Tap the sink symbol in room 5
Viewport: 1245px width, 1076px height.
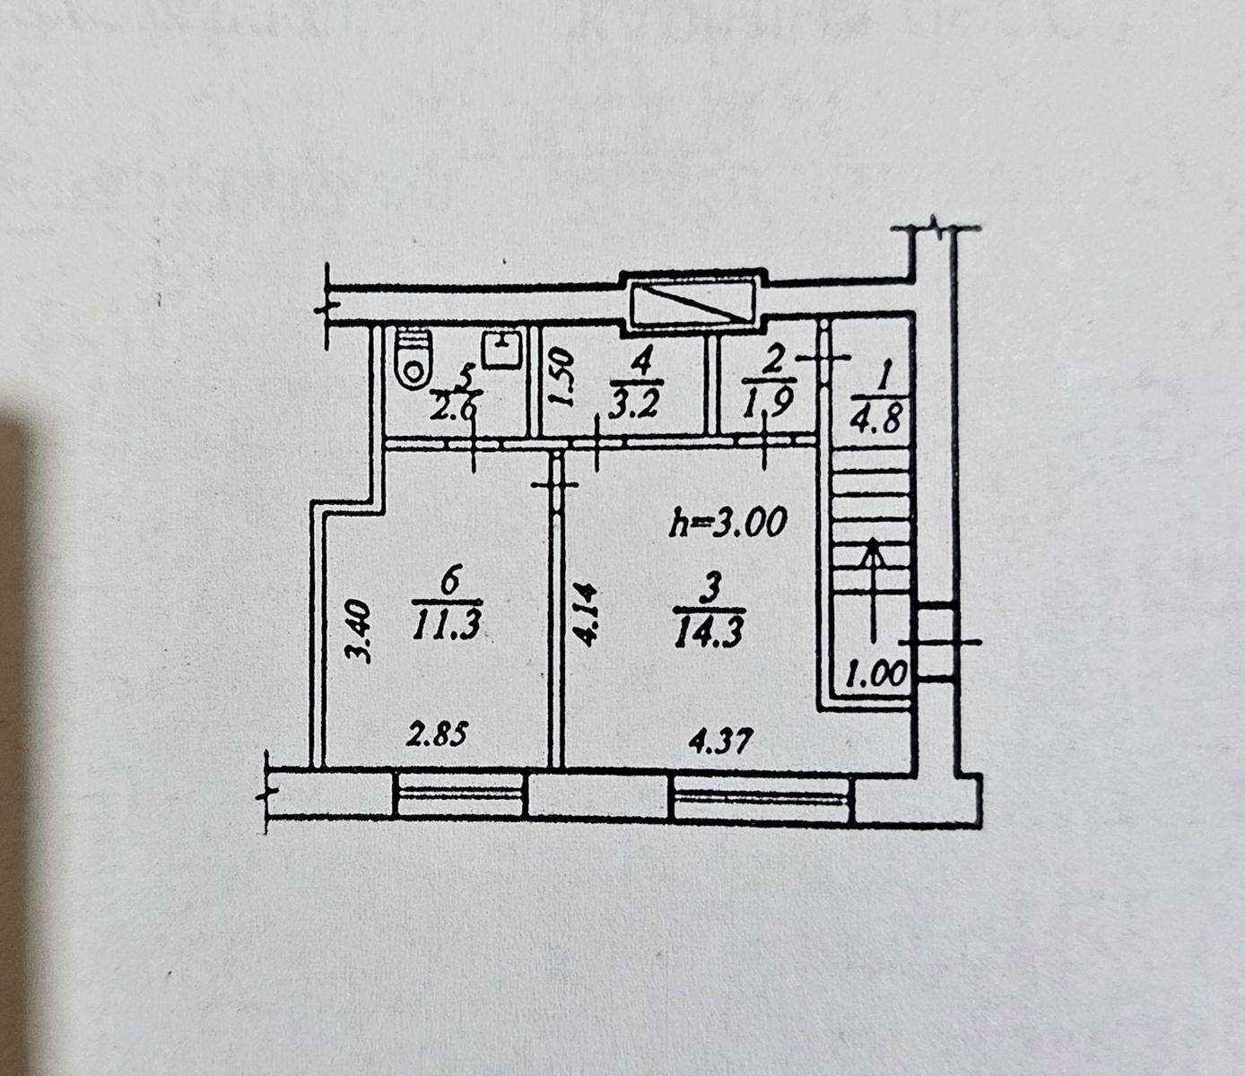(503, 349)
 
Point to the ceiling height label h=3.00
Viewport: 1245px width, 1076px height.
(728, 521)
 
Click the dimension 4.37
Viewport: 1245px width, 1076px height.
(721, 742)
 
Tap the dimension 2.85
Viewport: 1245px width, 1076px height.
(437, 736)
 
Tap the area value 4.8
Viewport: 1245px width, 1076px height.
(878, 419)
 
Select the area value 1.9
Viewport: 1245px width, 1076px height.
(768, 403)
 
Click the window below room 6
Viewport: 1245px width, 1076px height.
(459, 795)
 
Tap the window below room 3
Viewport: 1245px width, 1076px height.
(761, 799)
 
